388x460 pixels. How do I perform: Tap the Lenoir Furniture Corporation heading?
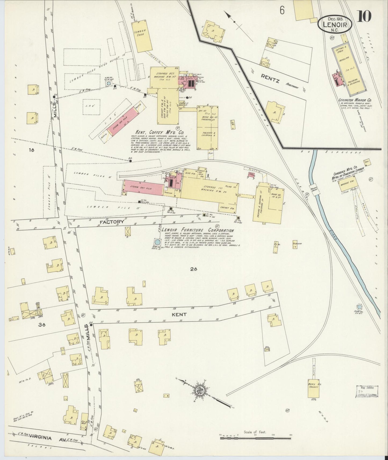[x=198, y=230]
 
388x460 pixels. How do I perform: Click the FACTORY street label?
[x=112, y=222]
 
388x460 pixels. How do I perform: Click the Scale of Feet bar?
[x=255, y=438]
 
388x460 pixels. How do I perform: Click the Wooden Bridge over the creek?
[x=313, y=188]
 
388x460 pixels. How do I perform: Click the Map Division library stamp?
[x=367, y=391]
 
